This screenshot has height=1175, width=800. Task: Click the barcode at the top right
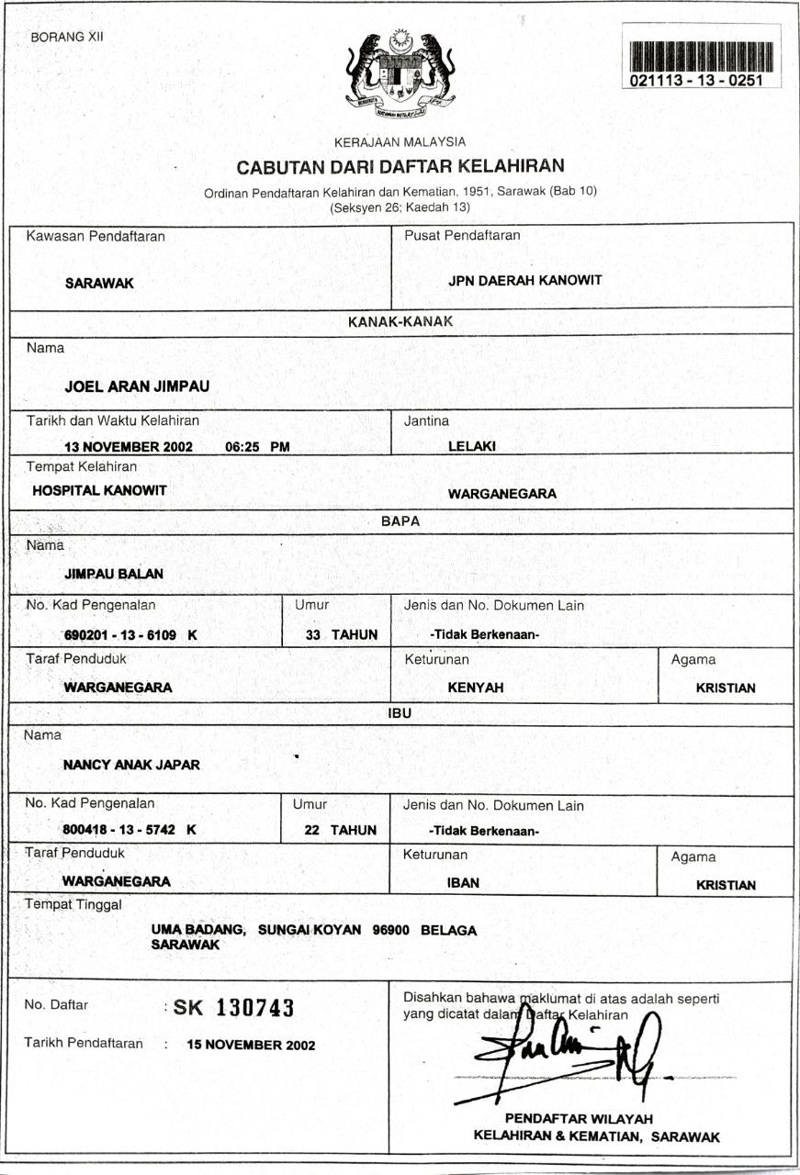(x=702, y=57)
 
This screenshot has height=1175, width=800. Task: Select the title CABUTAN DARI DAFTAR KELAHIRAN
(x=400, y=167)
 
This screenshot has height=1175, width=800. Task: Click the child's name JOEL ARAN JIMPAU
(x=137, y=386)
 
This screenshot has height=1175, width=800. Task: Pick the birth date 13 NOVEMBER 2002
(x=128, y=447)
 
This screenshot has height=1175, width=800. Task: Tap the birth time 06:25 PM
(x=257, y=447)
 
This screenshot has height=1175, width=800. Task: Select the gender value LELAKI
(x=472, y=447)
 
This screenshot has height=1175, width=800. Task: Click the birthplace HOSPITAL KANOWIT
(x=99, y=490)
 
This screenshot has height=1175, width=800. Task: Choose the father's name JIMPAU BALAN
(x=114, y=574)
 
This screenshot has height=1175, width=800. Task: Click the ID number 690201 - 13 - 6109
(x=123, y=634)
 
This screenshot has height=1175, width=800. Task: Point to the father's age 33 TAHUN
(x=342, y=634)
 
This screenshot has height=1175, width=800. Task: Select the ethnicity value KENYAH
(x=476, y=687)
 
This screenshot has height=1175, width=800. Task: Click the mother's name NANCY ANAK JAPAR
(x=131, y=764)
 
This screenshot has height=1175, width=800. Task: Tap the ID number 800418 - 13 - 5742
(x=122, y=830)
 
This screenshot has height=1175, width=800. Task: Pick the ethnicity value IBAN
(x=463, y=883)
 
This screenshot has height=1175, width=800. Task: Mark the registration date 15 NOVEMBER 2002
(x=251, y=1045)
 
